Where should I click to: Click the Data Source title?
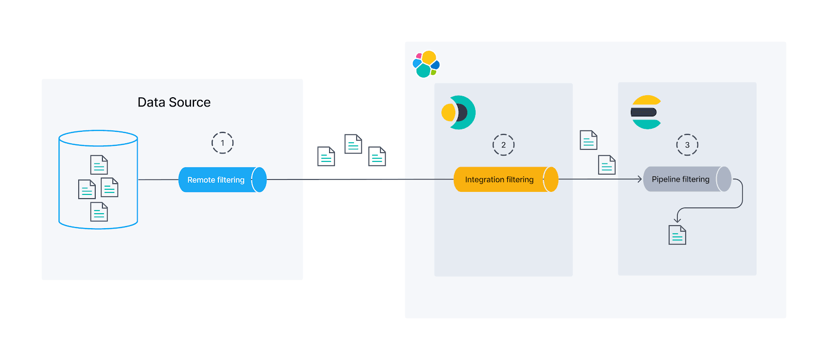coord(174,102)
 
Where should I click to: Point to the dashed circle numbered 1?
coord(223,143)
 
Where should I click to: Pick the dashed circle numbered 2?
coord(504,145)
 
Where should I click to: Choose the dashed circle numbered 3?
coord(687,145)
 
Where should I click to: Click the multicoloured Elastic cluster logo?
coord(426,64)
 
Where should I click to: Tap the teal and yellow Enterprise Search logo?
coord(459,112)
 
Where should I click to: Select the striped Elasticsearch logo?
coord(646,112)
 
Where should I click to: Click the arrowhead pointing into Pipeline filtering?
coord(640,179)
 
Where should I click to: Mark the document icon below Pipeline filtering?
coord(677,235)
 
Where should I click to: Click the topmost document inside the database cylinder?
coord(99,165)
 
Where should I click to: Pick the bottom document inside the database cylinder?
coord(99,212)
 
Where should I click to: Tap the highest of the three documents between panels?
coord(353,144)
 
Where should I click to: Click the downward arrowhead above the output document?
coord(677,220)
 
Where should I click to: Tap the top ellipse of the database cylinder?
coord(98,138)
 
